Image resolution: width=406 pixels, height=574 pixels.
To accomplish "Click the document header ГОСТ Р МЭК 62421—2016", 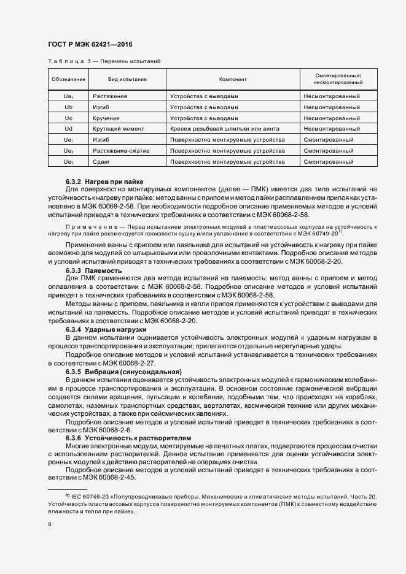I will (x=90, y=45).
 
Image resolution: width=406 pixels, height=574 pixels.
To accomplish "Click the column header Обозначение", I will (x=68, y=79).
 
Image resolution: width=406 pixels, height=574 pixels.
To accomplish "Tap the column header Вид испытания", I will (x=128, y=79).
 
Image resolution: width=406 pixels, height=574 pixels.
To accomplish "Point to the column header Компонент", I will (x=233, y=79).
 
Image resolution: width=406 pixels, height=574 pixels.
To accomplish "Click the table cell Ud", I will (x=68, y=129).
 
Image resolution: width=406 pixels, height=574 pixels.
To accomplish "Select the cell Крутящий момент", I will (x=119, y=129).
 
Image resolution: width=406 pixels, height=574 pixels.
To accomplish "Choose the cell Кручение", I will (x=106, y=118).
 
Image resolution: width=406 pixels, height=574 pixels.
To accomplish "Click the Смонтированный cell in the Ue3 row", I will (x=328, y=162).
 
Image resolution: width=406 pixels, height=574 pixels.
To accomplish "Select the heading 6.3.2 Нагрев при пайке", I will (x=104, y=182).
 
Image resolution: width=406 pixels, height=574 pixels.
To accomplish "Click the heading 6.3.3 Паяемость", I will (x=94, y=270).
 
